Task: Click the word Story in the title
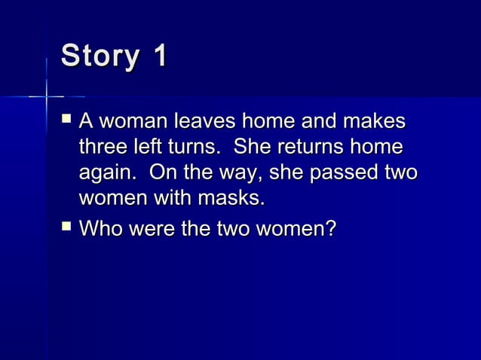98,57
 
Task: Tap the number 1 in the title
158,57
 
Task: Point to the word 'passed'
349,174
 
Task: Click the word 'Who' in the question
100,227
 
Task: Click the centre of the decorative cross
47,96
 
